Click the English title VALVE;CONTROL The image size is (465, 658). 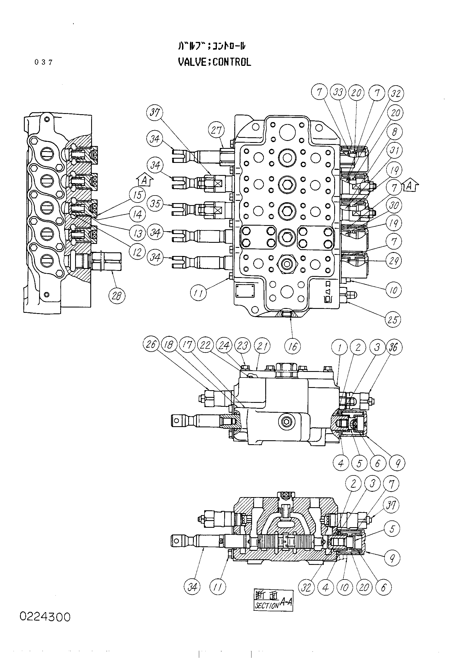214,62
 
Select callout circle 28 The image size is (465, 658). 117,295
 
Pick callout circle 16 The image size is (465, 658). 293,347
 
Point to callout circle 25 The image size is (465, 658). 392,320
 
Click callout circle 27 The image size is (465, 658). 216,131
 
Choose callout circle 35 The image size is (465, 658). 155,203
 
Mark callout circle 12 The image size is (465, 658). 138,252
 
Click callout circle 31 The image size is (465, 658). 394,151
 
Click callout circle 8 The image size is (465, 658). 394,132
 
